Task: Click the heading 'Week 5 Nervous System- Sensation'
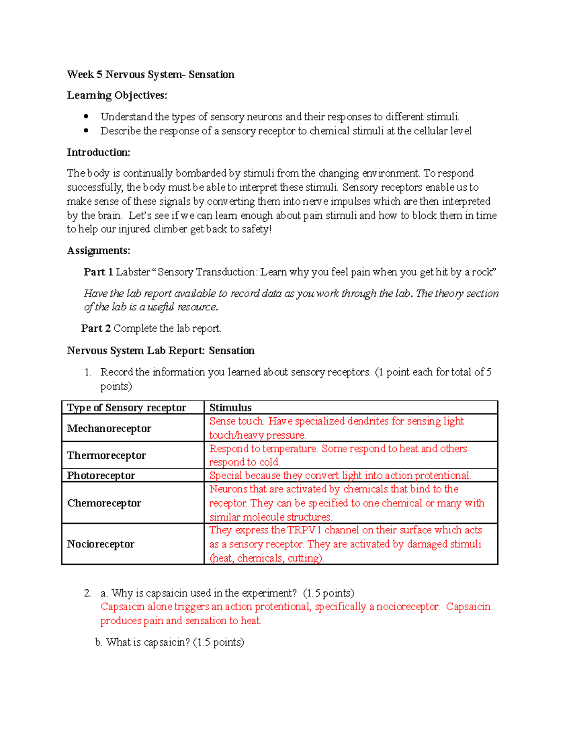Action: [x=150, y=75]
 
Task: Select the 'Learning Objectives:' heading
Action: [x=117, y=96]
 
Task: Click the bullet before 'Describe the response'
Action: [x=86, y=131]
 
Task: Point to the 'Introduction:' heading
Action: [x=98, y=153]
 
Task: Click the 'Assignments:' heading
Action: [x=98, y=251]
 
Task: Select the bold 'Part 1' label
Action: [x=98, y=272]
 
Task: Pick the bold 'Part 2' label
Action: [x=96, y=328]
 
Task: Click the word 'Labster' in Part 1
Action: [x=133, y=272]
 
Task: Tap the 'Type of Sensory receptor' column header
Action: [x=127, y=408]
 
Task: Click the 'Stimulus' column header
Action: [x=230, y=408]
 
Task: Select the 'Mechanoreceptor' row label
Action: [x=109, y=428]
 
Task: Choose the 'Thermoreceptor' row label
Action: [x=106, y=455]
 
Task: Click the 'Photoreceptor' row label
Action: [x=101, y=475]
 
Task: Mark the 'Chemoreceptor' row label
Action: [x=104, y=503]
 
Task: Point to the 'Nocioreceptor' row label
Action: [x=100, y=544]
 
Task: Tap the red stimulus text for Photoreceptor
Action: [x=340, y=475]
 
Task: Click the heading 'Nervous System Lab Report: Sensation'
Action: [x=160, y=351]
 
